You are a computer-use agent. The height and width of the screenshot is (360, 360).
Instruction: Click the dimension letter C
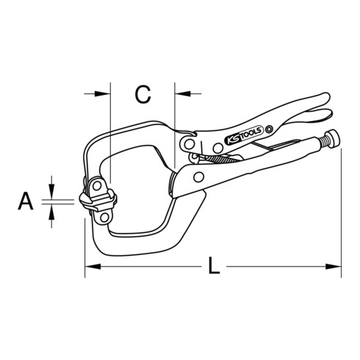(143, 93)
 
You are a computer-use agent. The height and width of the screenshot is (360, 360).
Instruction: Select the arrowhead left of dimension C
(103, 93)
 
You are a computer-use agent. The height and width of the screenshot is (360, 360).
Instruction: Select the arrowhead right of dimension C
(179, 93)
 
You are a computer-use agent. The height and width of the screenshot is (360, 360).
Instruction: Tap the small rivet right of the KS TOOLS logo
(270, 129)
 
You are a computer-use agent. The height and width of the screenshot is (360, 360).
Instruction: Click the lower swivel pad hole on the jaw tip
(104, 217)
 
